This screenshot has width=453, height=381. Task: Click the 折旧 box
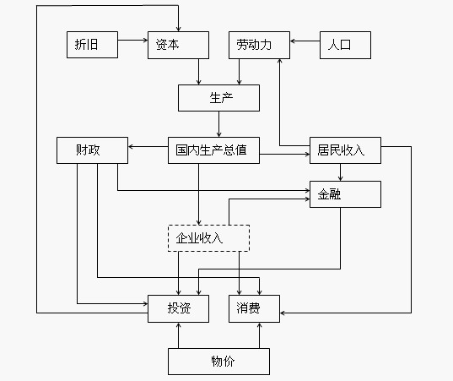coord(92,45)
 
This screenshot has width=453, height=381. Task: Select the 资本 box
coord(178,45)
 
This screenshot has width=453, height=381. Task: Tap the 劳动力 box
coord(259,45)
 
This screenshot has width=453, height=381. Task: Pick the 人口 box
coord(345,45)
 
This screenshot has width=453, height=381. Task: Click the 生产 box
coord(218,98)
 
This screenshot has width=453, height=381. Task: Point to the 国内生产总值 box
coord(213,150)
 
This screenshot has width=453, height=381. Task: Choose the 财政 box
coord(92,150)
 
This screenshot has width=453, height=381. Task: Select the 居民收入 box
coord(345,150)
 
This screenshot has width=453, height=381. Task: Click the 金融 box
coord(345,194)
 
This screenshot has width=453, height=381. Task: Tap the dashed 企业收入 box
coord(208,238)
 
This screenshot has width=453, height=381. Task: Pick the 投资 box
coord(178,308)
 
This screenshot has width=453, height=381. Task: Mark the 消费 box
coord(254,308)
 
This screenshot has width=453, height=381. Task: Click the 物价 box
coord(218,362)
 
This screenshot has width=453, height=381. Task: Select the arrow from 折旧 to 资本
coord(133,41)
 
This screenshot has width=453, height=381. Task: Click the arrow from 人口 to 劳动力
coord(305,41)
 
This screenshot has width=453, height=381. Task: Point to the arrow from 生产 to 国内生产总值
coord(218,124)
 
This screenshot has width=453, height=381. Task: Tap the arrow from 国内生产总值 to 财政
coord(148,147)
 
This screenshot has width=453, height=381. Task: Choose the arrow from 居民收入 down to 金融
coord(340,172)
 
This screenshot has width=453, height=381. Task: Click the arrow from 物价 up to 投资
coord(179,335)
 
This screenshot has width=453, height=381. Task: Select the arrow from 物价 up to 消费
coord(260,335)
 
